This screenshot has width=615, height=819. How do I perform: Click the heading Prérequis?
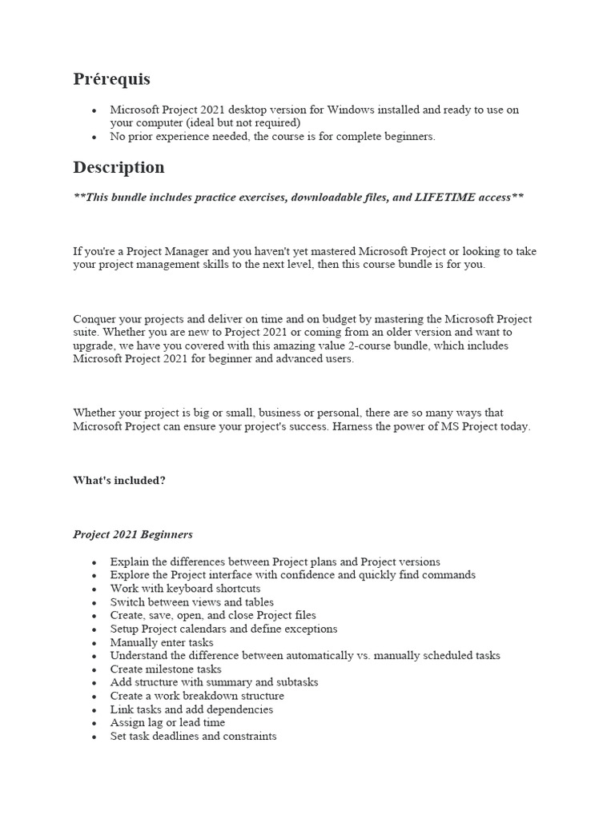click(x=111, y=79)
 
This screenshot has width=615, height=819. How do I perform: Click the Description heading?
click(x=119, y=167)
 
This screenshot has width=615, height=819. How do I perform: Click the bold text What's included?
click(x=119, y=481)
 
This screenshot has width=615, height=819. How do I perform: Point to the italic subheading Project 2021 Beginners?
click(x=133, y=534)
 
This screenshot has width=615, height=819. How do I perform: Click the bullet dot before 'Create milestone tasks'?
click(x=94, y=669)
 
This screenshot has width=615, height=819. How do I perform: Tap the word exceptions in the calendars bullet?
click(x=310, y=629)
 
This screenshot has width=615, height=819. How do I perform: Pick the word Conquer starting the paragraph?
click(x=94, y=319)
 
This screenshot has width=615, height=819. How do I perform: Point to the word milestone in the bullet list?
click(x=172, y=669)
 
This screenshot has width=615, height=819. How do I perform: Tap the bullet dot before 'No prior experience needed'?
click(x=94, y=137)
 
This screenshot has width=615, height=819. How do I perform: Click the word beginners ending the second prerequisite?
click(x=409, y=137)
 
